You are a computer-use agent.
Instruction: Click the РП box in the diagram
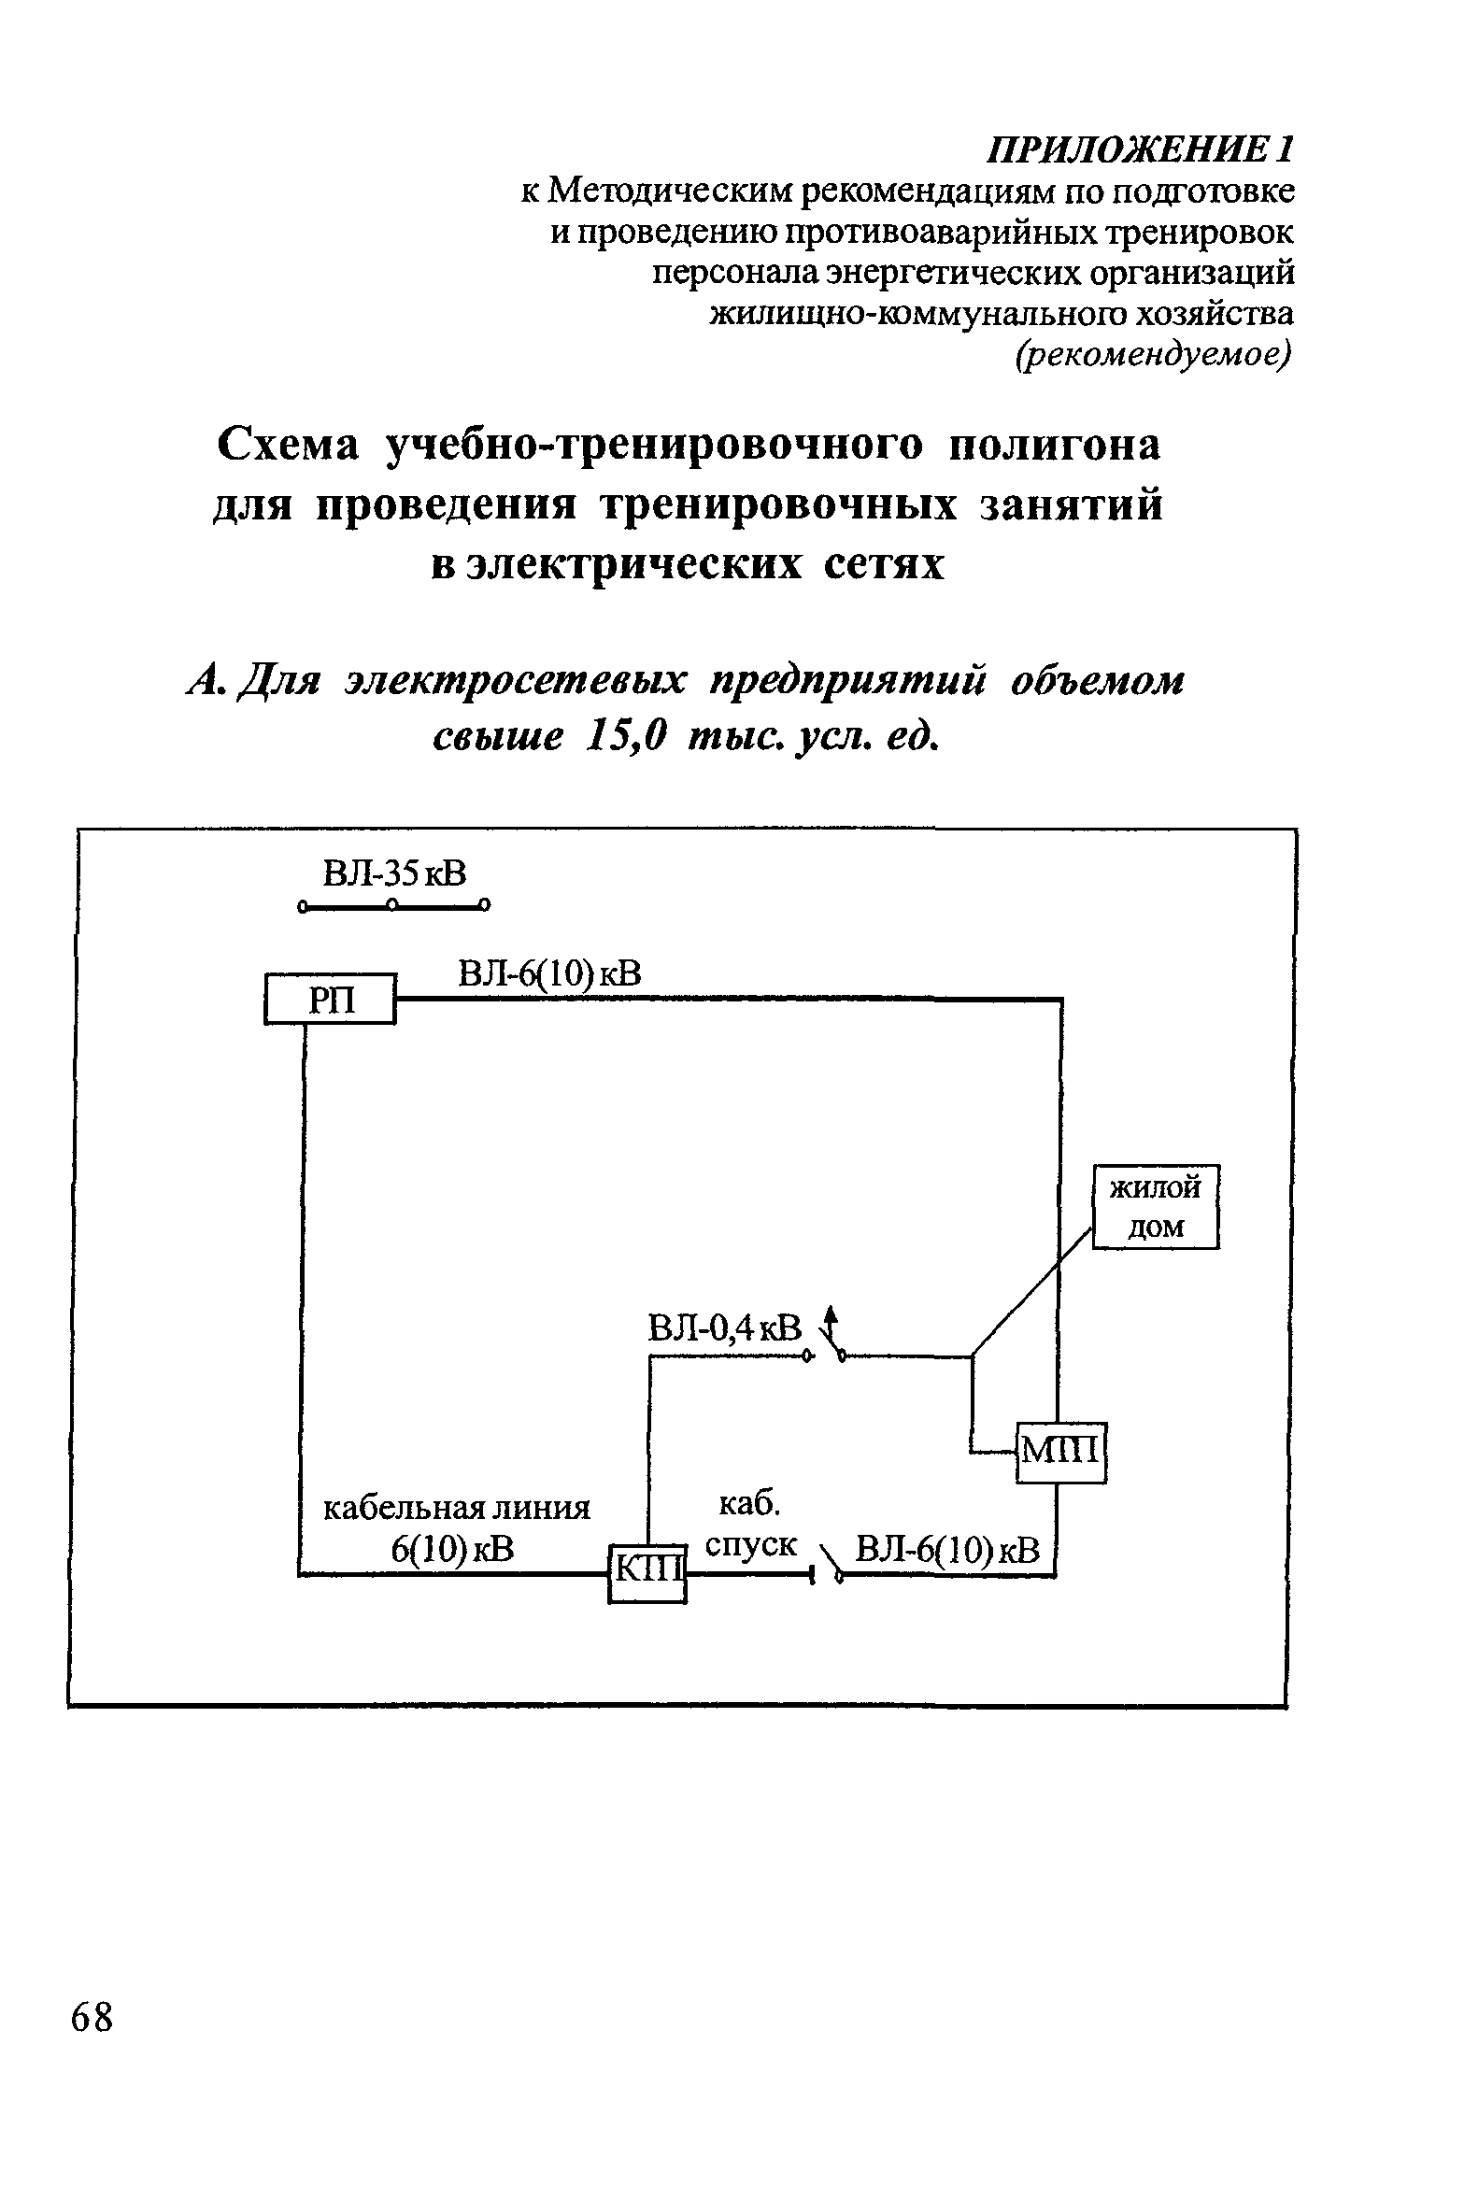[332, 1000]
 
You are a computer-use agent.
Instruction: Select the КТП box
[647, 1574]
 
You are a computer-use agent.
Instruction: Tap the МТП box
[1061, 1452]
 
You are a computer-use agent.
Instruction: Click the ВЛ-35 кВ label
[393, 875]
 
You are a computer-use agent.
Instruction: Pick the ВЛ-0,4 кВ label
[725, 1328]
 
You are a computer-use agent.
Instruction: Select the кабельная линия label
[457, 1509]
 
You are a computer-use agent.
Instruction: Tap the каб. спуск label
[751, 1526]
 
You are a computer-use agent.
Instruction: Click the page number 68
[92, 2017]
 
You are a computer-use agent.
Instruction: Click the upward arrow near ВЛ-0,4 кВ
[830, 1322]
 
